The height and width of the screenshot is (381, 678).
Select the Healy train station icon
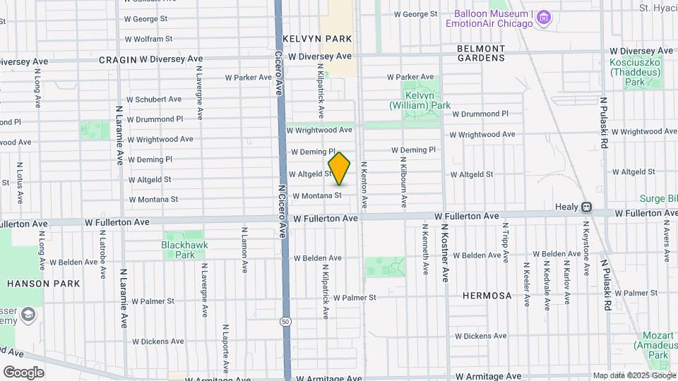point(585,207)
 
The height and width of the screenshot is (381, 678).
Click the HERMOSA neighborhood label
point(487,296)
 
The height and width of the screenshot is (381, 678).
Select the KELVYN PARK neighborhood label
point(316,38)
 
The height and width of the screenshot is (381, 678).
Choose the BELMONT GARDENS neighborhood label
point(481,53)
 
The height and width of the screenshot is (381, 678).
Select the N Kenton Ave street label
point(364,185)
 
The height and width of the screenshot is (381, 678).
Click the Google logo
point(23,372)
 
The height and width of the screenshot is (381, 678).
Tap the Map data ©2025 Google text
point(634,375)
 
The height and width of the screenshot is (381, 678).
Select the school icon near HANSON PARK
point(28,314)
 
